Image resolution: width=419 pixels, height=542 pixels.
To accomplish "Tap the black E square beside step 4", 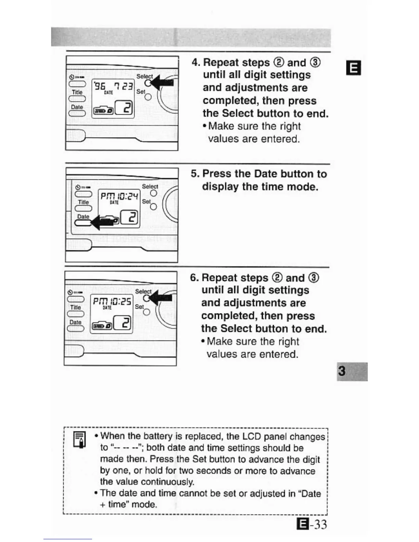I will coord(353,68).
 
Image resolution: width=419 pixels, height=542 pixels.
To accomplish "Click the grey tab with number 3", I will coord(352,371).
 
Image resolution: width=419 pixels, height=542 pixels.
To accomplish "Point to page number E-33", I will coord(312,524).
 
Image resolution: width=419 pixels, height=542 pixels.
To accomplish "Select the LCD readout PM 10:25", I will coord(112,301).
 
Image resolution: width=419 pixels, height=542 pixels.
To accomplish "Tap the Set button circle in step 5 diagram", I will coord(153,207).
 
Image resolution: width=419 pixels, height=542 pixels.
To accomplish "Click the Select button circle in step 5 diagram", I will coord(154,193).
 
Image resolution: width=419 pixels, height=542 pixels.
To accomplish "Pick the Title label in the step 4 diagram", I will coord(77,92).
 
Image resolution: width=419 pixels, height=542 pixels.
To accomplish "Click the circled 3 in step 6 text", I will coord(313,278).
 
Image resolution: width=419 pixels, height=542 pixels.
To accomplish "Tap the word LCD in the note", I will coord(252,437).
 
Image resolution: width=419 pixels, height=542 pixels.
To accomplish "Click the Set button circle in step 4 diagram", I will coord(148,97).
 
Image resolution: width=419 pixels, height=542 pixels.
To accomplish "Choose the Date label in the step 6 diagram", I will coord(75,322).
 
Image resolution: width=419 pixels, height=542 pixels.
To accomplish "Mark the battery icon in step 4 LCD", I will coord(103,110).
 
